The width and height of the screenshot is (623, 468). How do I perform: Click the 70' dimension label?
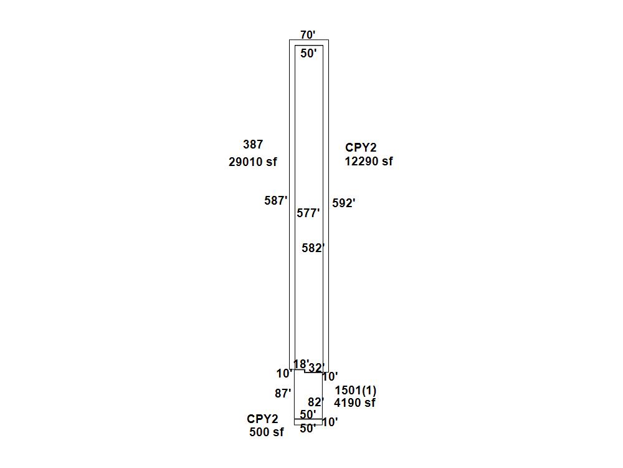pyautogui.click(x=308, y=35)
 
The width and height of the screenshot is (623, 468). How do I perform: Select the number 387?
pyautogui.click(x=253, y=144)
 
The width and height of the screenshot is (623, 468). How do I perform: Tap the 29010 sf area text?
pyautogui.click(x=253, y=162)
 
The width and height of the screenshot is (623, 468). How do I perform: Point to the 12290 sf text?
pyautogui.click(x=369, y=161)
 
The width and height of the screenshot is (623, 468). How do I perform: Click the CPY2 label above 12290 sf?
pyautogui.click(x=361, y=148)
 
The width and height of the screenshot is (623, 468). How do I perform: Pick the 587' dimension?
pyautogui.click(x=276, y=200)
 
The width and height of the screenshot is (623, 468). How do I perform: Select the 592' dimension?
pyautogui.click(x=344, y=203)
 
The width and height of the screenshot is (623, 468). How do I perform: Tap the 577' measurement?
pyautogui.click(x=308, y=213)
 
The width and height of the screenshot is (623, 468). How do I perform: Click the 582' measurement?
pyautogui.click(x=313, y=248)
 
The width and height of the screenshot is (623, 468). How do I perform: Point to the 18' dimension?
pyautogui.click(x=301, y=364)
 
